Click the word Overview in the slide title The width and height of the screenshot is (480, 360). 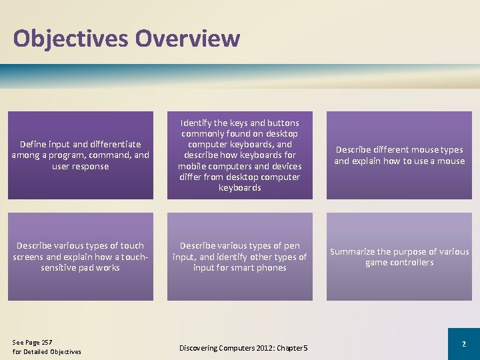(x=187, y=38)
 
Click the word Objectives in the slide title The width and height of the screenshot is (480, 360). (x=70, y=38)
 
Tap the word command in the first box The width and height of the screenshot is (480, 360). (x=115, y=155)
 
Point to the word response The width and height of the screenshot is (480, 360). (x=90, y=166)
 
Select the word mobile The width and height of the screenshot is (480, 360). (x=194, y=166)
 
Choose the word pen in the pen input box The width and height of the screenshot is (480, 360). (x=291, y=246)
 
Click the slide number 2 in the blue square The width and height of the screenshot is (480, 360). (x=463, y=343)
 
